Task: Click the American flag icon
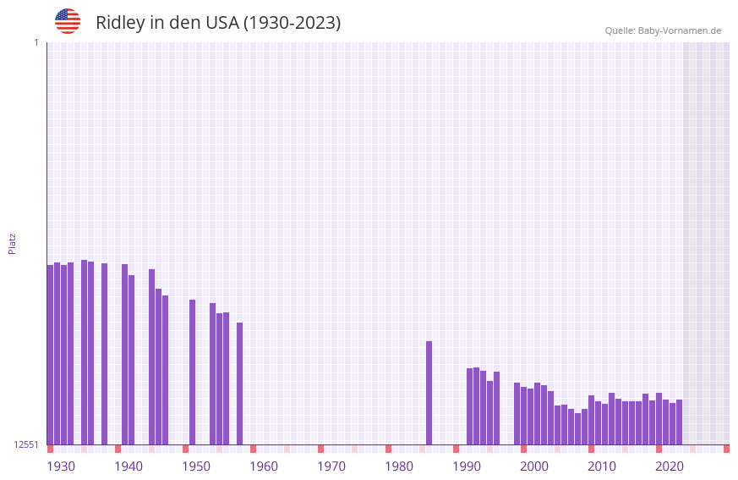(x=68, y=21)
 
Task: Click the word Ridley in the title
(x=120, y=23)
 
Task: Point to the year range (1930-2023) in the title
(x=292, y=23)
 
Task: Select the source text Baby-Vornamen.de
(x=679, y=30)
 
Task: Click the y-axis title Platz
(x=12, y=243)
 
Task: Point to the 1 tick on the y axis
(x=36, y=42)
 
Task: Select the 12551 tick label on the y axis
(x=27, y=444)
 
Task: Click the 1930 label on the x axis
(x=61, y=466)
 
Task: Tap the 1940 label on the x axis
(x=128, y=466)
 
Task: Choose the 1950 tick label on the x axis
(x=196, y=466)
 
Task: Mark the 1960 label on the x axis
(x=264, y=466)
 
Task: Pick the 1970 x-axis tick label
(x=331, y=466)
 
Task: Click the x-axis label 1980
(x=399, y=466)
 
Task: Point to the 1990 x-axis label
(x=467, y=466)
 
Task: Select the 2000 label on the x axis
(x=534, y=466)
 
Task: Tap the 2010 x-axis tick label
(x=602, y=466)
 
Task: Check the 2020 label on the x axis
(x=670, y=466)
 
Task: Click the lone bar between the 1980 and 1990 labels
(x=429, y=393)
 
